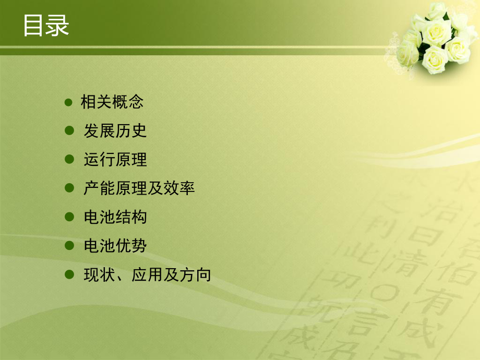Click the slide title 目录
tap(46, 26)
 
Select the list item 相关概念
tap(112, 102)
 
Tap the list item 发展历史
tap(115, 131)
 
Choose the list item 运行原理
tap(115, 160)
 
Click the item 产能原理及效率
tap(139, 188)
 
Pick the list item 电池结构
tap(115, 217)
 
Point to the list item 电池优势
tap(115, 246)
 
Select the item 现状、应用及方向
tap(147, 274)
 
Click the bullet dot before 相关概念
tap(68, 102)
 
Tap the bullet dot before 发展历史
tap(68, 131)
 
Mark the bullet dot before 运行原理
tap(68, 160)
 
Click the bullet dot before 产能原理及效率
tap(68, 188)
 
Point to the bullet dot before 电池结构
tap(68, 217)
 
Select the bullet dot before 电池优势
tap(68, 246)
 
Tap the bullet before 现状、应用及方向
tap(68, 274)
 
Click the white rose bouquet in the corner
tap(436, 39)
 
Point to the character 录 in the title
tap(57, 26)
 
